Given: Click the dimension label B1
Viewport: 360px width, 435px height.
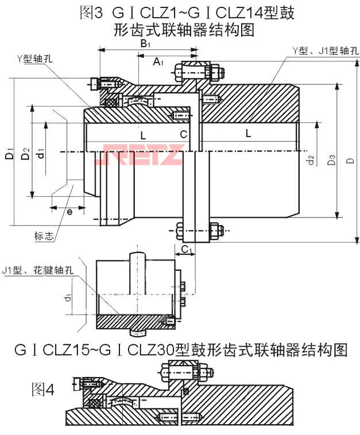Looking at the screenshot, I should point(146,43).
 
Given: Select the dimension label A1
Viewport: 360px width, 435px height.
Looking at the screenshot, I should point(158,61).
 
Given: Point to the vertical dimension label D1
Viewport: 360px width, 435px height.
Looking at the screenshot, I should point(9,156).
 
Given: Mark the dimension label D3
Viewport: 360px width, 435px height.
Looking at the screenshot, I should point(331,160).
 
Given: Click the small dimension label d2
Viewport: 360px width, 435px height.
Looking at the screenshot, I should point(311,160).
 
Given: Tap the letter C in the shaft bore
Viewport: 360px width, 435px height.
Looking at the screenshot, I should point(183,134).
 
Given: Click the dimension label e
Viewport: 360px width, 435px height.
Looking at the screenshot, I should point(69,212).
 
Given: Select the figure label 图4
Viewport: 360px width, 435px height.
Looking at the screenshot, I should point(43,390).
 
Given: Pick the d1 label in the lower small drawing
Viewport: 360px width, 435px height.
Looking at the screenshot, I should point(68,297).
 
